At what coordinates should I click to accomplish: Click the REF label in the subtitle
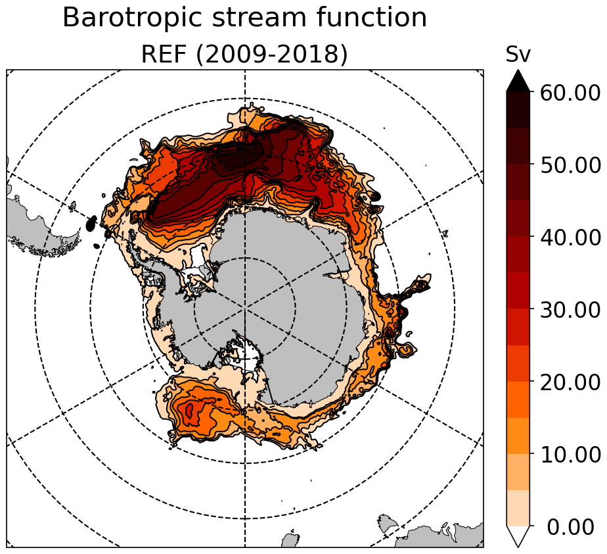166,55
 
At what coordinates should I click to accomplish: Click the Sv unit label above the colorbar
518,56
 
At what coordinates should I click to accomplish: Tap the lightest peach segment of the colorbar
518,508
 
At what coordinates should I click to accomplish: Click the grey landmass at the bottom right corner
447,534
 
